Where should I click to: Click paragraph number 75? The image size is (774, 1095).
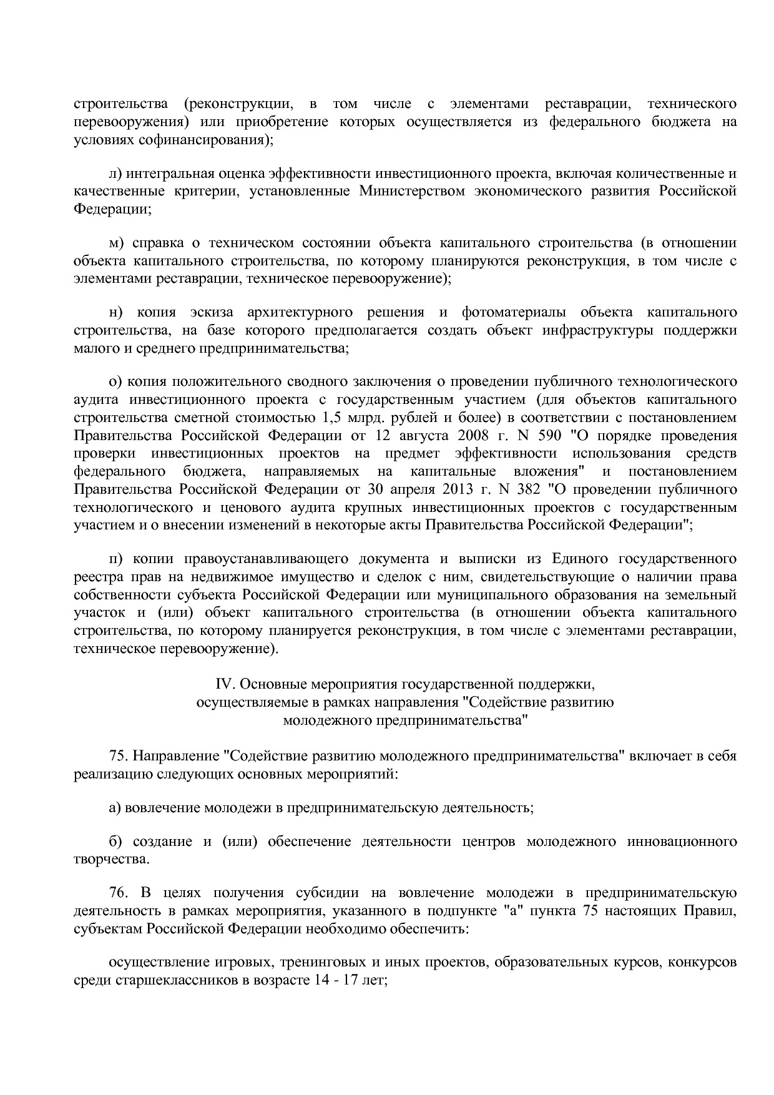click(x=118, y=757)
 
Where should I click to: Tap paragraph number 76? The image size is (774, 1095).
click(x=118, y=893)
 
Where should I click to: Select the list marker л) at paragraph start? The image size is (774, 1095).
click(x=115, y=173)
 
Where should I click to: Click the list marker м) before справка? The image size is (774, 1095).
click(x=116, y=243)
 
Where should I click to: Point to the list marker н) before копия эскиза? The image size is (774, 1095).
click(x=115, y=312)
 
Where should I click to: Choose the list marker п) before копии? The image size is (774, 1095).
click(x=115, y=558)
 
